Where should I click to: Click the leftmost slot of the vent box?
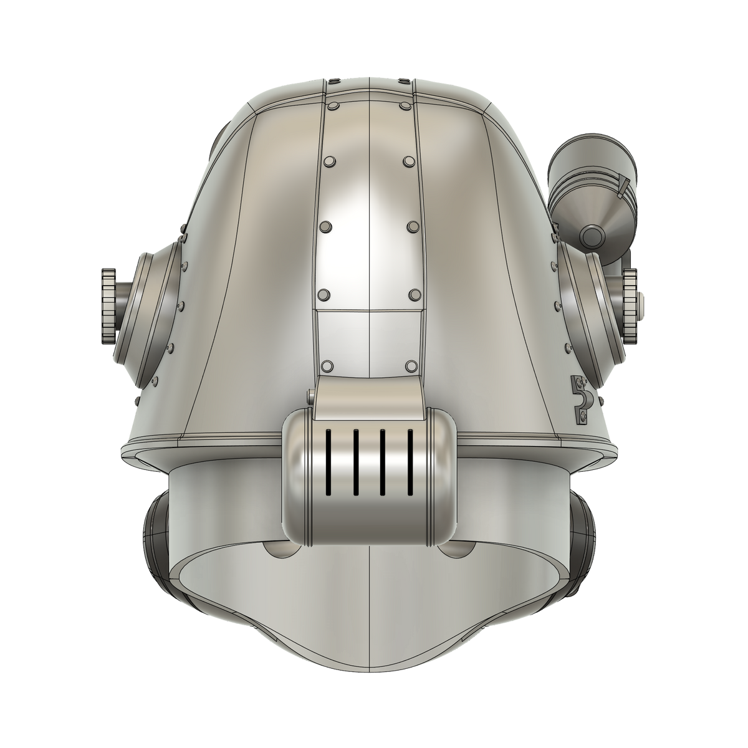(327, 461)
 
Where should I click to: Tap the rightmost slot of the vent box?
(410, 461)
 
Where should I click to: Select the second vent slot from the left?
(354, 461)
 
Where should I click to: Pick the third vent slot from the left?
(382, 461)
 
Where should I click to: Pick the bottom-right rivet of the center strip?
(410, 365)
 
